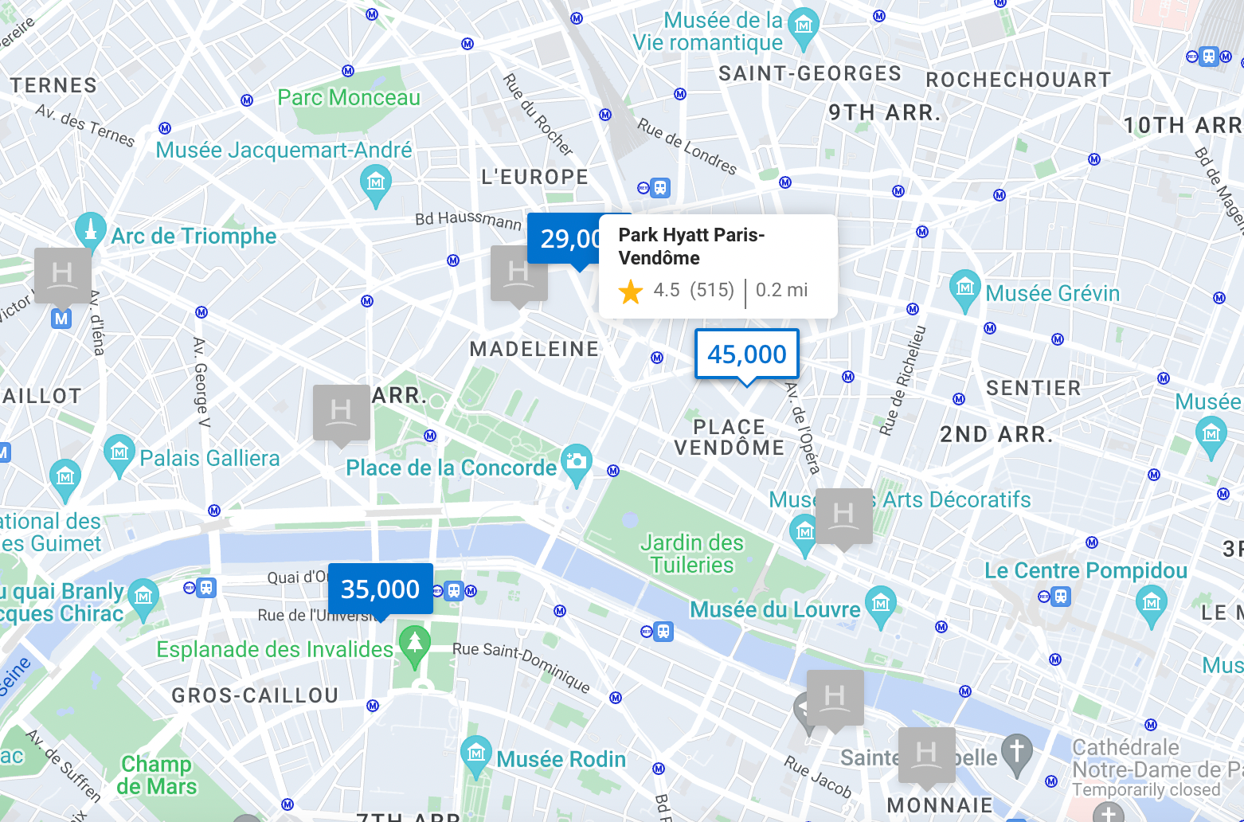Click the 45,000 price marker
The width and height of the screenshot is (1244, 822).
click(746, 354)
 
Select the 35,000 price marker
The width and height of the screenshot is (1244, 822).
click(380, 589)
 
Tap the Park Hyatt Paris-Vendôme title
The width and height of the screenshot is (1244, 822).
click(691, 246)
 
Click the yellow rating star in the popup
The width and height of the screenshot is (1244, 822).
click(631, 291)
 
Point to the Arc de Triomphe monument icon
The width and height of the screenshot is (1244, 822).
click(90, 230)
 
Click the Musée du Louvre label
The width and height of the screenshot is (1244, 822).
click(774, 609)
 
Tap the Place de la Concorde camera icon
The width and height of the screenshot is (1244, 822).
click(576, 462)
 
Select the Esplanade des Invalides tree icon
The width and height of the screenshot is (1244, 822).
click(414, 644)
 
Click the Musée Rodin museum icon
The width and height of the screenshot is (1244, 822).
click(476, 753)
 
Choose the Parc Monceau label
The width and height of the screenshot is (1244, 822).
click(349, 97)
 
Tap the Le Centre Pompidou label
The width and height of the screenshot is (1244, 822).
click(1086, 570)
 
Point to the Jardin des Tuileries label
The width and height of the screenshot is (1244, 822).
click(691, 554)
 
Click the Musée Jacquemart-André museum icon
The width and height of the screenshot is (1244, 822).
click(376, 182)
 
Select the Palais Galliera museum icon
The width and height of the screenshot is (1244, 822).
click(119, 453)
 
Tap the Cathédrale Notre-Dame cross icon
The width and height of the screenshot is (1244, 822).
click(1016, 752)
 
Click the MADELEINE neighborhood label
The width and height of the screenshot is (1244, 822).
click(534, 349)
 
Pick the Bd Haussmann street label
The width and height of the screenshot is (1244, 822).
click(467, 218)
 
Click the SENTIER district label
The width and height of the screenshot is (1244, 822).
click(1033, 388)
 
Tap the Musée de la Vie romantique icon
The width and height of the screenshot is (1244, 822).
click(804, 25)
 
